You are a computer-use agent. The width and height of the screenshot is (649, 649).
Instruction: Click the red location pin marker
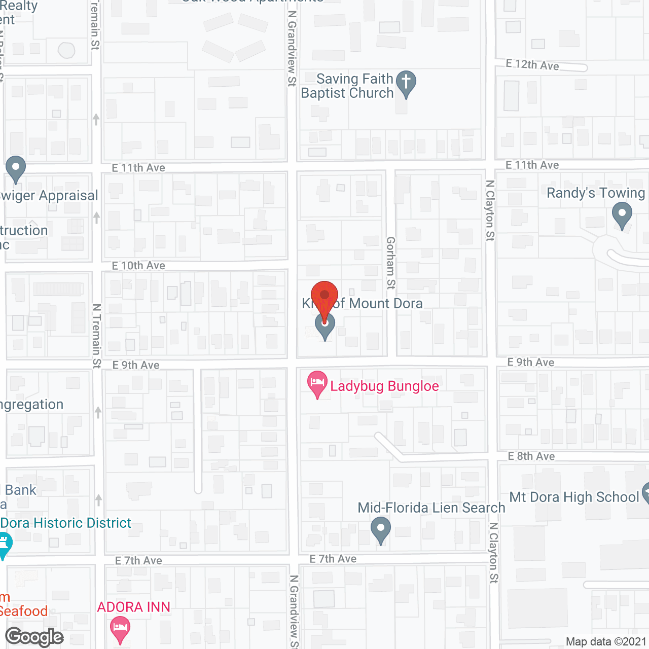pyautogui.click(x=324, y=297)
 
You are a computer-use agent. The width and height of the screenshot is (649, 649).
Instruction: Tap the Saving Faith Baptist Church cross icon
pyautogui.click(x=406, y=82)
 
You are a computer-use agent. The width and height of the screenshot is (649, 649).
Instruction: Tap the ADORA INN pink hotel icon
pyautogui.click(x=120, y=629)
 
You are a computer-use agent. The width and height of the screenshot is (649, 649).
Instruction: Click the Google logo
pyautogui.click(x=34, y=637)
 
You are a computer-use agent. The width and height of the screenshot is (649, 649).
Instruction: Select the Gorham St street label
pyautogui.click(x=390, y=263)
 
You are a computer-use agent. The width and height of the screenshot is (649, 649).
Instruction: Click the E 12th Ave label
pyautogui.click(x=532, y=64)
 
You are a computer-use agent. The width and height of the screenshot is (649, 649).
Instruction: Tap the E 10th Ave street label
pyautogui.click(x=138, y=266)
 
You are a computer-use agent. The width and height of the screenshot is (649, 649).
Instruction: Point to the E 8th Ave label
pyautogui.click(x=531, y=456)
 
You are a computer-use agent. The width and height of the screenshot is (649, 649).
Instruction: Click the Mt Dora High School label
pyautogui.click(x=574, y=497)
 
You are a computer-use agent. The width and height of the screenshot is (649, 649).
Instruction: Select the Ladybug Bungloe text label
pyautogui.click(x=384, y=386)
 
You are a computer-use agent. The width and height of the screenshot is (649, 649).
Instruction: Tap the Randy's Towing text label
pyautogui.click(x=596, y=193)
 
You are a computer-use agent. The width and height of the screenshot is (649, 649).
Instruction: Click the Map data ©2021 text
pyautogui.click(x=606, y=641)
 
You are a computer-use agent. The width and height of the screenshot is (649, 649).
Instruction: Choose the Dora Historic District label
pyautogui.click(x=66, y=523)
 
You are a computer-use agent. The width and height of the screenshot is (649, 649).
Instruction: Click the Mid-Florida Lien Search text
pyautogui.click(x=431, y=508)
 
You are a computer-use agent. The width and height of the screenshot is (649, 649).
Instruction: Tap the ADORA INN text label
pyautogui.click(x=133, y=607)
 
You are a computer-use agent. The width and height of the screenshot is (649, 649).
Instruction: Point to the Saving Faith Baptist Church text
pyautogui.click(x=348, y=86)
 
